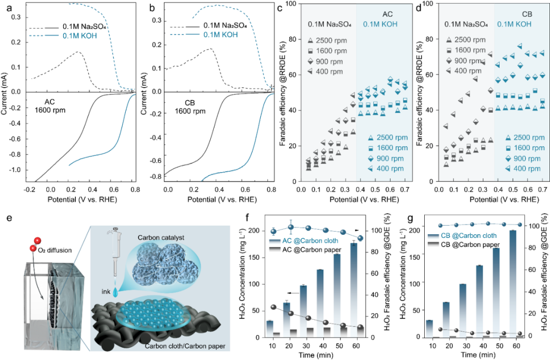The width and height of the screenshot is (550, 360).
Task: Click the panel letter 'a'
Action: (x=5, y=8)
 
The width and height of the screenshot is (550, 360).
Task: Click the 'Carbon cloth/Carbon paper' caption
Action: (x=185, y=347)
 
